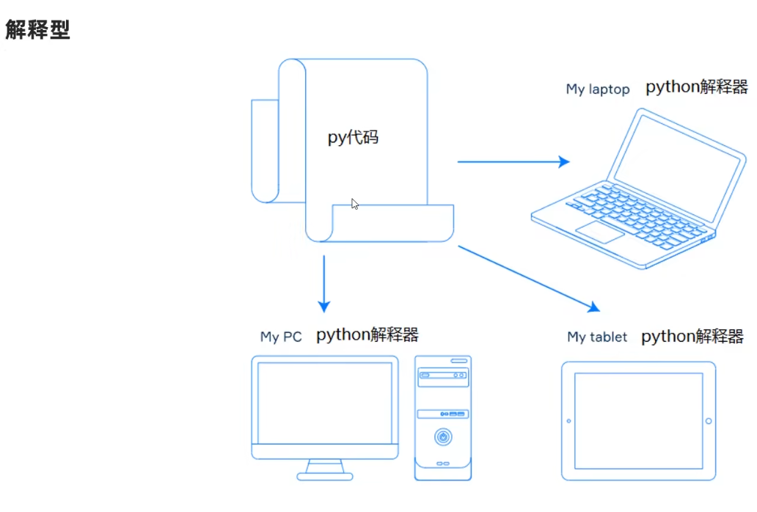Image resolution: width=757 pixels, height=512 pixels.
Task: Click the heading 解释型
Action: (x=37, y=30)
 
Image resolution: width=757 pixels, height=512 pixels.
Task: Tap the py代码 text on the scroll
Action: (x=353, y=137)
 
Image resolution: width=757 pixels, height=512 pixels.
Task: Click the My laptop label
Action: (x=597, y=89)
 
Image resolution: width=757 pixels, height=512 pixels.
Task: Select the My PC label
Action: (x=281, y=337)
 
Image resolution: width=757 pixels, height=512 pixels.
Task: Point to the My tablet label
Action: (x=597, y=337)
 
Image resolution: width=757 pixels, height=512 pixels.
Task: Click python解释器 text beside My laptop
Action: (x=696, y=87)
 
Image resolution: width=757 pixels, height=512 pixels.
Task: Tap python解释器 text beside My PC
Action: (x=367, y=335)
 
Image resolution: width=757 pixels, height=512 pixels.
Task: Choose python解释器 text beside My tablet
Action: (x=692, y=337)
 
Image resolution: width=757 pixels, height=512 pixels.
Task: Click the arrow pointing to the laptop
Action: (x=513, y=161)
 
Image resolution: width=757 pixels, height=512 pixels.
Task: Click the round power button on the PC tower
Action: (x=442, y=437)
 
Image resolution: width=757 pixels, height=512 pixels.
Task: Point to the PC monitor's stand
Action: (x=325, y=469)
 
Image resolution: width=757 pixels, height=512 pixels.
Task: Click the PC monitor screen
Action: (x=324, y=403)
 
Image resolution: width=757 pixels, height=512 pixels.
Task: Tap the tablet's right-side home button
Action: (x=709, y=421)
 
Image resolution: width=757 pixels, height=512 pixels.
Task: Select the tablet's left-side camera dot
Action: (x=568, y=421)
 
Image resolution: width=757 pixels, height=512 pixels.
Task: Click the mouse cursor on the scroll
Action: (x=355, y=204)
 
